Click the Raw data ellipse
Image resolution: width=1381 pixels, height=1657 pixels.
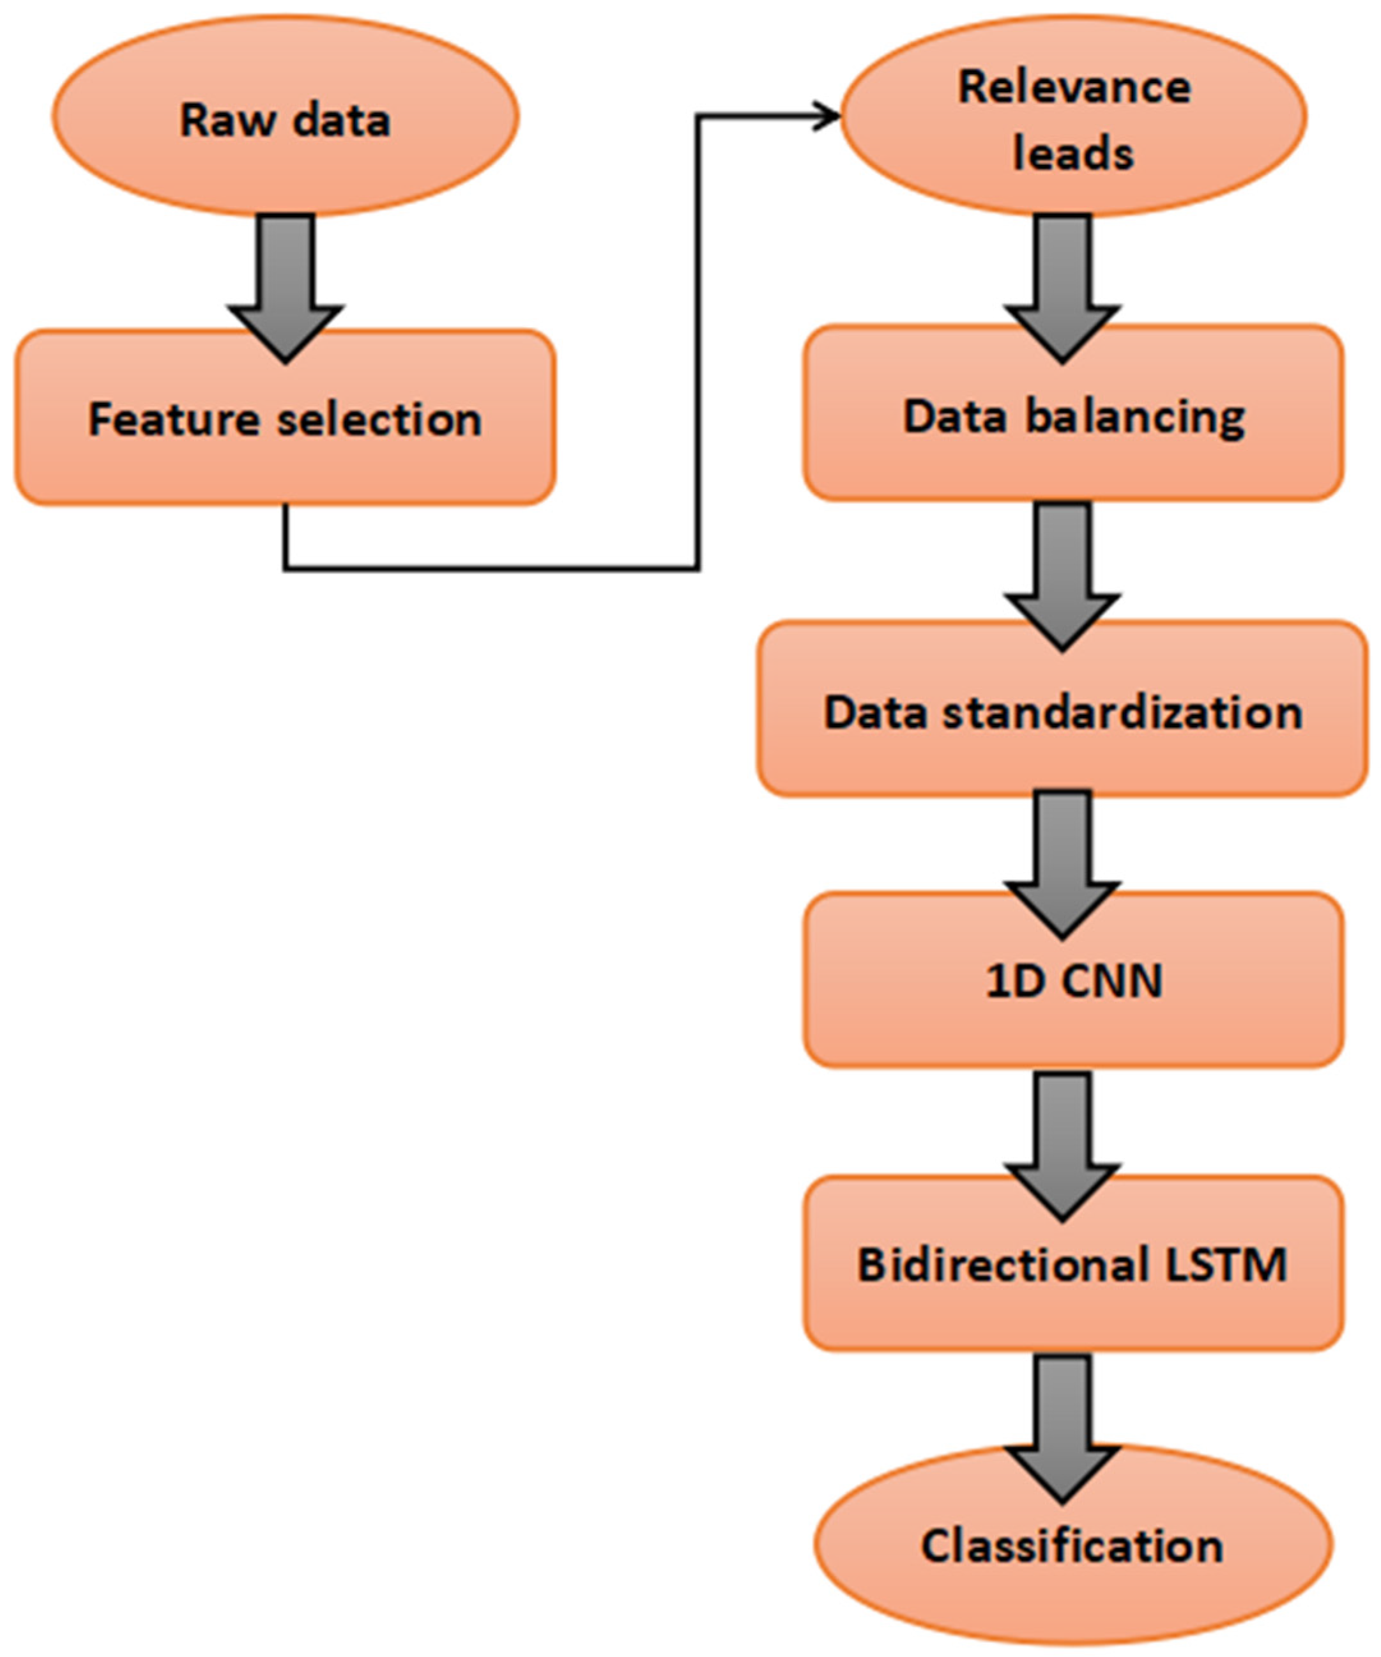pos(285,118)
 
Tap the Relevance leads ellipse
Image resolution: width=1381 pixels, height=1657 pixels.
pos(1073,118)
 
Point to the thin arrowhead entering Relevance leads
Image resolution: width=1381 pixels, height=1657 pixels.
pos(828,117)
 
